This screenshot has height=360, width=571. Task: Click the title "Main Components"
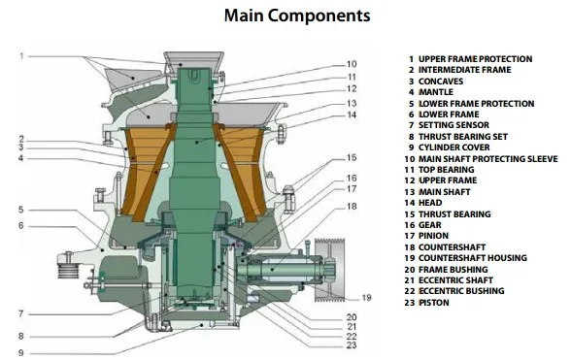tap(297, 16)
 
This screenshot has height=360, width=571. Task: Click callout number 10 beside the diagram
tap(352, 64)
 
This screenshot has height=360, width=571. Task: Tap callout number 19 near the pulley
tap(366, 298)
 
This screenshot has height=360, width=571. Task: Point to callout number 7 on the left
tap(21, 313)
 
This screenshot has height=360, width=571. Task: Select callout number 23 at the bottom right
tap(352, 345)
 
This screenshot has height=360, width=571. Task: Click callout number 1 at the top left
tap(21, 56)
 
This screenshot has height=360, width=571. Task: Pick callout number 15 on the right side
tap(352, 157)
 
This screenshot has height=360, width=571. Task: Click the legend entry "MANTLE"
tap(436, 92)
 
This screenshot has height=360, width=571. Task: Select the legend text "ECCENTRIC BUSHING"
tap(461, 291)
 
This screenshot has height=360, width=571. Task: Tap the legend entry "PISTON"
tap(434, 303)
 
